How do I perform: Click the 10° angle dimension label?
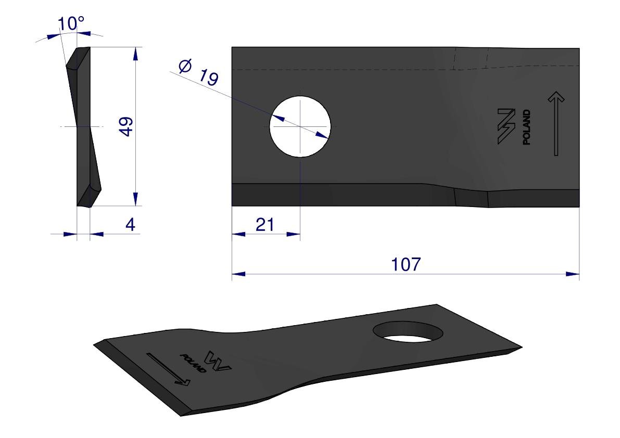(71, 24)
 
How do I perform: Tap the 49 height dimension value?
(126, 126)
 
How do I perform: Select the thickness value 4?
(130, 225)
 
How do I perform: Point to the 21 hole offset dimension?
(264, 225)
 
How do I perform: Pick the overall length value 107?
(406, 264)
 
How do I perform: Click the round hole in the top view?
(300, 126)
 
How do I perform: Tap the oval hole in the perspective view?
(408, 332)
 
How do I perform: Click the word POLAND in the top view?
(526, 127)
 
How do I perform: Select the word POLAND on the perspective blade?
(193, 363)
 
